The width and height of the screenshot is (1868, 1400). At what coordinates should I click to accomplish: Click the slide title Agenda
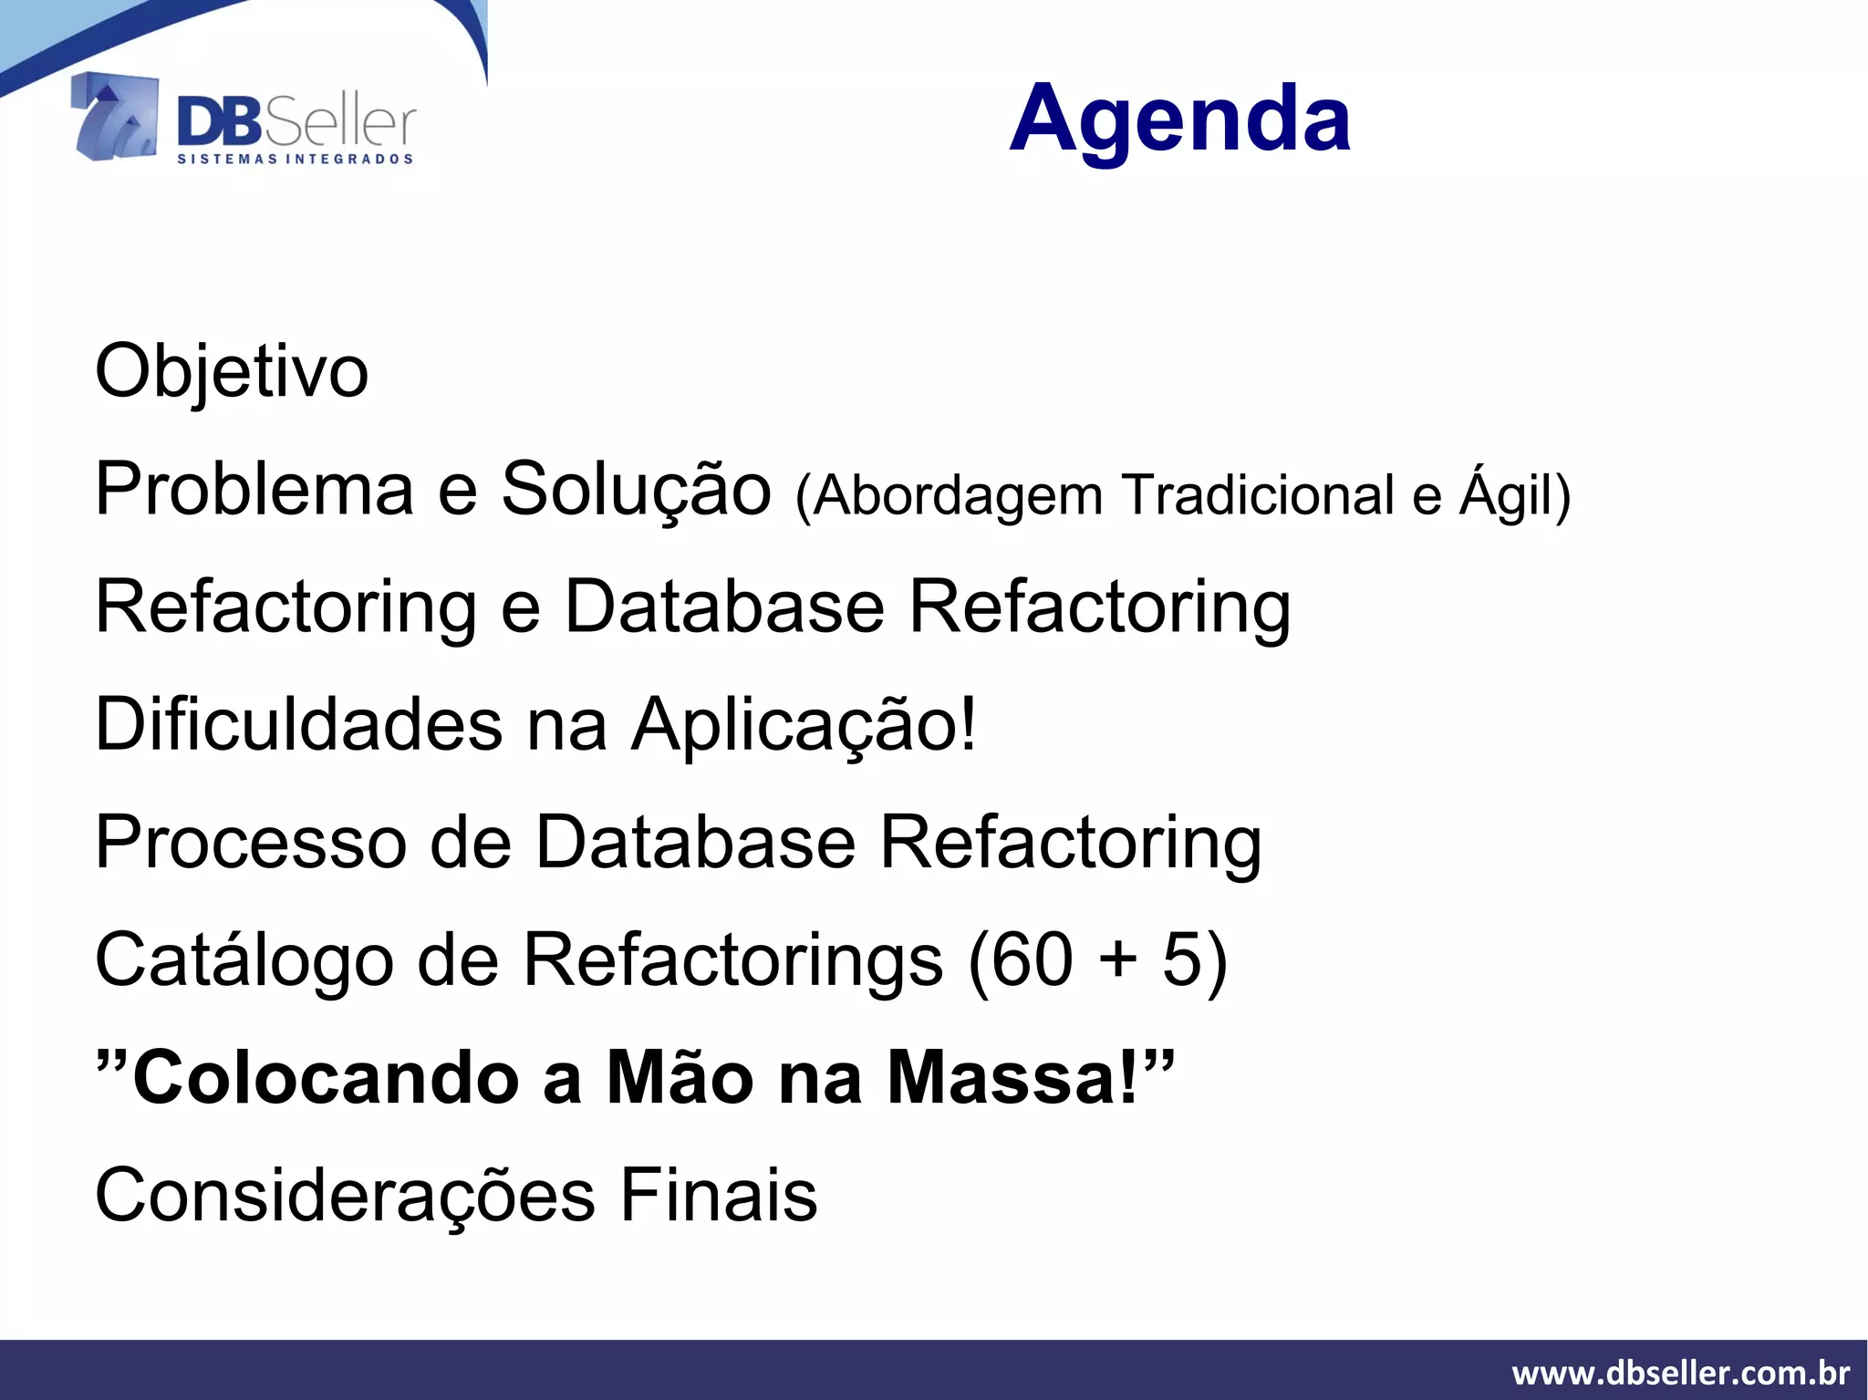[1179, 119]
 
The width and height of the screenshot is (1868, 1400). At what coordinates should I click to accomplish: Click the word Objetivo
[232, 371]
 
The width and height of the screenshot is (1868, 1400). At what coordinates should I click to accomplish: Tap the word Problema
[254, 490]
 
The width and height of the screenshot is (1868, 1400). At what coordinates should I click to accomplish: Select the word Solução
[636, 490]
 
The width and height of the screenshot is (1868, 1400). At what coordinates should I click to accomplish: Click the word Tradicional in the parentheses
[1259, 495]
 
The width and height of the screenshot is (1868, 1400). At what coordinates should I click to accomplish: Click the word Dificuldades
[298, 724]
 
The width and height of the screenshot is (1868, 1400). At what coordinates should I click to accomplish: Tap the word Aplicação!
[804, 724]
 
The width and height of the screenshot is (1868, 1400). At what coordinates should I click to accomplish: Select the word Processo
[251, 842]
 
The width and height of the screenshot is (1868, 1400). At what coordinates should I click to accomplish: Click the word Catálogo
[244, 959]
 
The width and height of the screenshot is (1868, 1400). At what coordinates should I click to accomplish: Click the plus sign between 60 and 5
[1117, 961]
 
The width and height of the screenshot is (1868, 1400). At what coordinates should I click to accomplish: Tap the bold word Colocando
[326, 1077]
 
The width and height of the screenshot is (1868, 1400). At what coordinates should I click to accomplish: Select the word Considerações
[345, 1195]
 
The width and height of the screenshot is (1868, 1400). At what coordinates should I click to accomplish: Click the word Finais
[719, 1195]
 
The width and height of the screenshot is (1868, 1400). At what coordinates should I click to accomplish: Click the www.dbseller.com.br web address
[1680, 1372]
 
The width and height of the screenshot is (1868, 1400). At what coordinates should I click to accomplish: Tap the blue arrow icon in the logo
[115, 117]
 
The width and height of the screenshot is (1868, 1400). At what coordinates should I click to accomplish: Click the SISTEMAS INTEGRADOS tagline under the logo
[295, 159]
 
